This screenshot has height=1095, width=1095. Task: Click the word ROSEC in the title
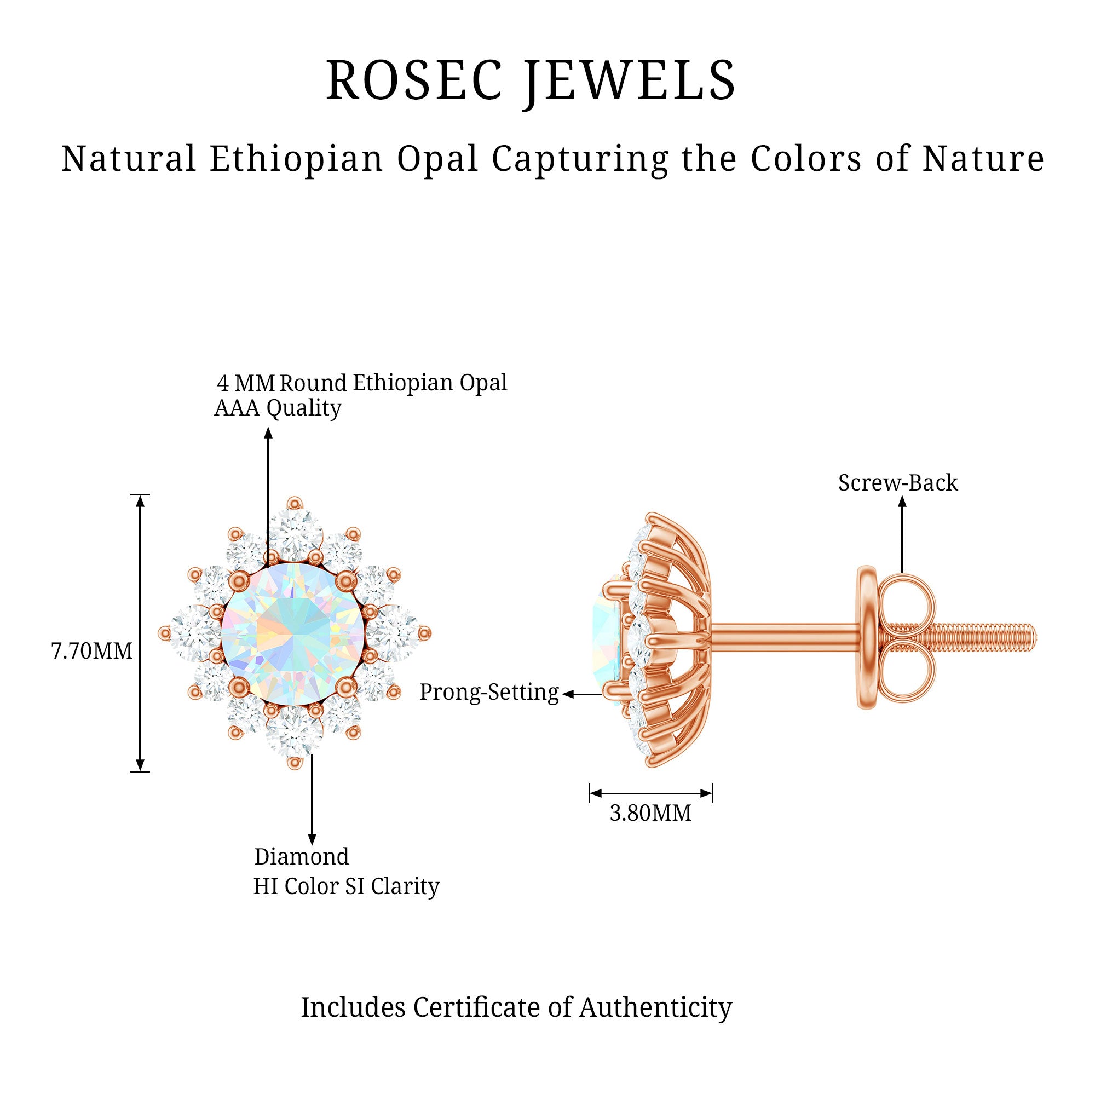pyautogui.click(x=414, y=80)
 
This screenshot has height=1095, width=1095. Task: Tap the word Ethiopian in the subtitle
pyautogui.click(x=296, y=159)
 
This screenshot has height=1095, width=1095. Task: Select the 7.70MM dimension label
pyautogui.click(x=92, y=651)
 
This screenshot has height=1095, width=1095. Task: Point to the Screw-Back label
pyautogui.click(x=898, y=483)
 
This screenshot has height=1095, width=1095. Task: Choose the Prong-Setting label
pyautogui.click(x=489, y=692)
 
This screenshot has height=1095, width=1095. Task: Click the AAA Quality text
pyautogui.click(x=278, y=408)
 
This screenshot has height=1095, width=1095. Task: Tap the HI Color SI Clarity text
pyautogui.click(x=345, y=887)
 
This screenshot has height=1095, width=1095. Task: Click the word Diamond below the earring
pyautogui.click(x=302, y=857)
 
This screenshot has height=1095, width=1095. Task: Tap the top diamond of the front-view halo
pyautogui.click(x=295, y=530)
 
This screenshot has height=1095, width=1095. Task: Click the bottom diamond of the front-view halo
pyautogui.click(x=293, y=735)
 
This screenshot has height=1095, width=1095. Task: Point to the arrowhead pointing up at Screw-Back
pyautogui.click(x=902, y=502)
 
